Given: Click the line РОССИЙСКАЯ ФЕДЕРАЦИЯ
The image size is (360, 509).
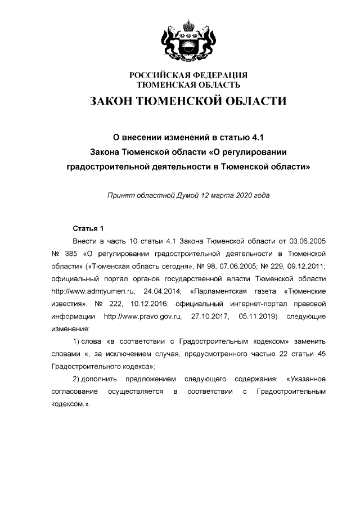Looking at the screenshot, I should pos(188,75).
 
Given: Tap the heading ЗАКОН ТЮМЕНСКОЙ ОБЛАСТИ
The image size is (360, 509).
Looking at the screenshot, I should pos(188,101).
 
